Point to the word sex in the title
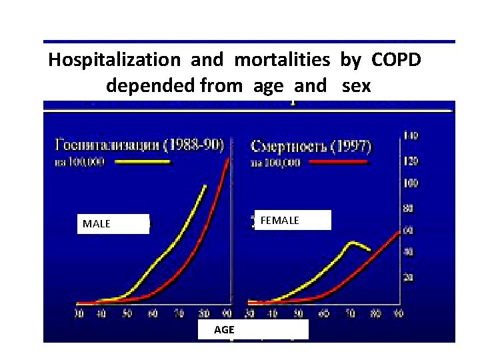(x=356, y=85)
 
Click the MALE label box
(x=111, y=224)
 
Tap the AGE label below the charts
(x=252, y=330)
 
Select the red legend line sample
(x=337, y=162)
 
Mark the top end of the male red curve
(x=229, y=159)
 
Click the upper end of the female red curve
(x=399, y=230)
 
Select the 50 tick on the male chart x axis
(x=127, y=313)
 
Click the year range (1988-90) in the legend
(x=195, y=145)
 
